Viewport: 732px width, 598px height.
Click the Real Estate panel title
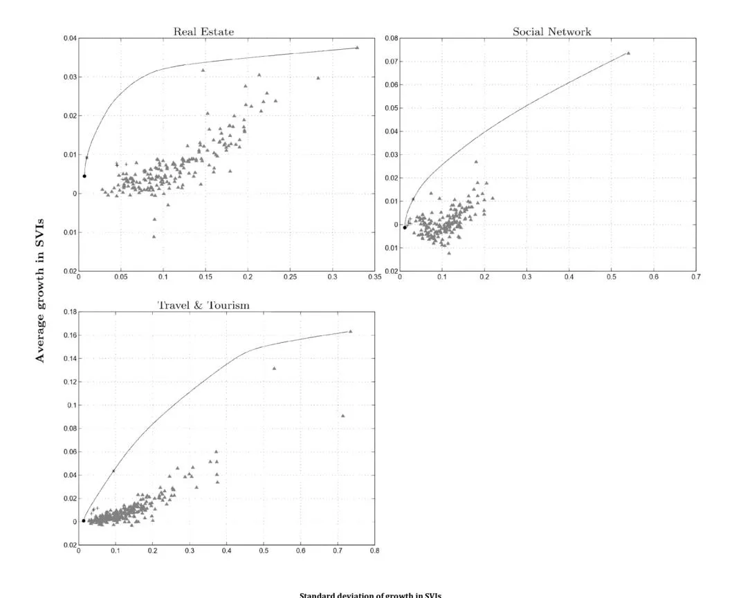(203, 32)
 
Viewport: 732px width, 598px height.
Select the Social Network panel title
(551, 32)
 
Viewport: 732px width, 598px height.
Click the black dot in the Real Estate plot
(84, 176)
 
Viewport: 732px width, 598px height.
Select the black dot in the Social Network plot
(405, 227)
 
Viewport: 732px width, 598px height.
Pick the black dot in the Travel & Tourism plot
(84, 521)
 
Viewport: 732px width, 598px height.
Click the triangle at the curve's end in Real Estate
(357, 48)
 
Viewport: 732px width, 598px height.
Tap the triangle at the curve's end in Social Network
(628, 53)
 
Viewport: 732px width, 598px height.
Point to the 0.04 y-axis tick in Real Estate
(69, 38)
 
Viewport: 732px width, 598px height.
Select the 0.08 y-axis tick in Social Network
(391, 38)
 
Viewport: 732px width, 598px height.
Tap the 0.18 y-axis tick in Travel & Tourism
(69, 312)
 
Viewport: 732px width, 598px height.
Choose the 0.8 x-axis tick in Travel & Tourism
(374, 551)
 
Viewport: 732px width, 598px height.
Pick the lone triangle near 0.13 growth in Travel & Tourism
(274, 368)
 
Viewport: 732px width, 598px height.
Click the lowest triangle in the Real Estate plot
(154, 236)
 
